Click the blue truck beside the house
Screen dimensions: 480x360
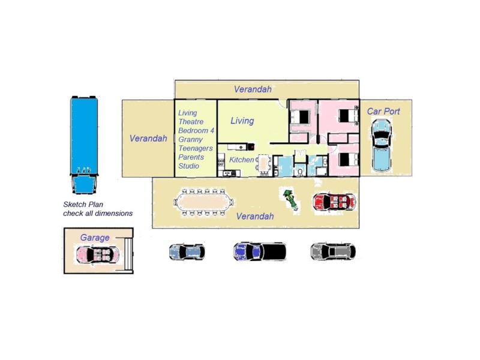point(84,145)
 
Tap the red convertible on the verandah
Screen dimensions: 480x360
point(335,202)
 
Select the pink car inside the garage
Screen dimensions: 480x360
point(98,254)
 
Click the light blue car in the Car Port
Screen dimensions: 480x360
point(381,145)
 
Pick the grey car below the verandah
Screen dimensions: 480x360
point(333,251)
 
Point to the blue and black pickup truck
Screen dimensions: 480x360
point(260,251)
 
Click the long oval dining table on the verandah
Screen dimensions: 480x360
point(203,202)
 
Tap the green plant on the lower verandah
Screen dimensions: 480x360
point(290,200)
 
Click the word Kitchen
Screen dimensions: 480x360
point(242,160)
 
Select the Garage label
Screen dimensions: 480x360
point(95,238)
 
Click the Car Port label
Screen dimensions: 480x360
point(383,111)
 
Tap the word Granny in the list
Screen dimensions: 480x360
point(190,140)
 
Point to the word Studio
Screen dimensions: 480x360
point(188,166)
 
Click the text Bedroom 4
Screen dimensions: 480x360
point(196,131)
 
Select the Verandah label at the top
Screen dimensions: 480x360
point(253,89)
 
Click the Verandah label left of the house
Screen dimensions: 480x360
point(148,139)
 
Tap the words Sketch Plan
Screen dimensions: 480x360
point(83,205)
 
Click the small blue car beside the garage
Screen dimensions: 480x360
point(187,252)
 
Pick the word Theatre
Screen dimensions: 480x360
point(191,122)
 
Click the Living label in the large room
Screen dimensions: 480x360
point(242,121)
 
